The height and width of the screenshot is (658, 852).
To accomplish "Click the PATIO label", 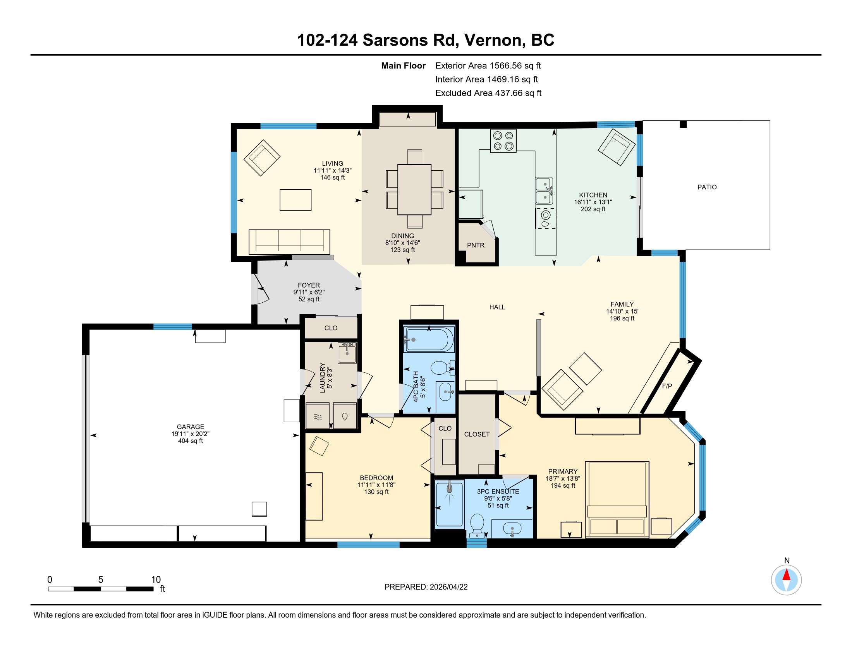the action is pyautogui.click(x=707, y=187).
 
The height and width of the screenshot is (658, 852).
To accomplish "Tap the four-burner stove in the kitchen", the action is pyautogui.click(x=503, y=141).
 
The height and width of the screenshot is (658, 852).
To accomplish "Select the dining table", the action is pyautogui.click(x=414, y=189).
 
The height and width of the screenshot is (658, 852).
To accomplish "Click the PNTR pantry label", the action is pyautogui.click(x=476, y=245).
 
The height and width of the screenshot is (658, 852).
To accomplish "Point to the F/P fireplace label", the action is pyautogui.click(x=667, y=386).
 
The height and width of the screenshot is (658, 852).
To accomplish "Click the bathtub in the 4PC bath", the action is pyautogui.click(x=429, y=339).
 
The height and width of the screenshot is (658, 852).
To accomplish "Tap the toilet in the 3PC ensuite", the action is pyautogui.click(x=477, y=526).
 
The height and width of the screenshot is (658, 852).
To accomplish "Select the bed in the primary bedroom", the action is pyautogui.click(x=617, y=499).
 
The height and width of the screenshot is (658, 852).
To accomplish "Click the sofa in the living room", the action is pyautogui.click(x=289, y=242).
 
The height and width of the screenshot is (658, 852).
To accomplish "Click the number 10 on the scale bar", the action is pyautogui.click(x=156, y=579).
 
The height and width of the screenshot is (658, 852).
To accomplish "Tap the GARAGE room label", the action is pyautogui.click(x=191, y=427).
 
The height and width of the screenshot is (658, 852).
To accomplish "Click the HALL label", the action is pyautogui.click(x=497, y=307).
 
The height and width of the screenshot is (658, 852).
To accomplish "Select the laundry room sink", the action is pyautogui.click(x=347, y=353).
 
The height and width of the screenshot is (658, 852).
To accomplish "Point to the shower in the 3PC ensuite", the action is pyautogui.click(x=449, y=504).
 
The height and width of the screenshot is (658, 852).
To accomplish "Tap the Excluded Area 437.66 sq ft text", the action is pyautogui.click(x=488, y=93).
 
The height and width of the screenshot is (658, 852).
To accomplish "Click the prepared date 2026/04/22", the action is pyautogui.click(x=448, y=587).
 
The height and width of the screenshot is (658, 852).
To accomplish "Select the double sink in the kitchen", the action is pyautogui.click(x=544, y=191).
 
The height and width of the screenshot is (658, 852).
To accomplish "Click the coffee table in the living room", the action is pyautogui.click(x=295, y=200).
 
